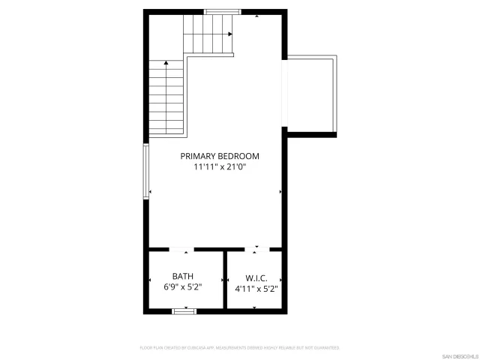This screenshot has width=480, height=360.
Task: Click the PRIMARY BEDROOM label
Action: point(219,156)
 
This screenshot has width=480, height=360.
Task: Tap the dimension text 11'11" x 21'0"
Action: point(219,167)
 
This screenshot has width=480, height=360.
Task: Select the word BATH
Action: point(182,276)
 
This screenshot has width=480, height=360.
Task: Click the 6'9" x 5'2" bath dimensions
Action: point(182,287)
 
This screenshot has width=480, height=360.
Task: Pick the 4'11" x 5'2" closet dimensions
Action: point(256,287)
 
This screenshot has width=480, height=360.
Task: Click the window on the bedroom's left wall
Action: point(146,171)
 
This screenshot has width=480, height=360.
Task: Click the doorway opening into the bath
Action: point(181,249)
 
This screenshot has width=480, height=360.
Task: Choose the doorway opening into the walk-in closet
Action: point(256,249)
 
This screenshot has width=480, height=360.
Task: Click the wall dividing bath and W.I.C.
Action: point(225,278)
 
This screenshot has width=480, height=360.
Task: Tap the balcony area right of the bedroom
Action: point(311,94)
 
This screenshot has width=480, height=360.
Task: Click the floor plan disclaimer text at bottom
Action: point(240,348)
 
